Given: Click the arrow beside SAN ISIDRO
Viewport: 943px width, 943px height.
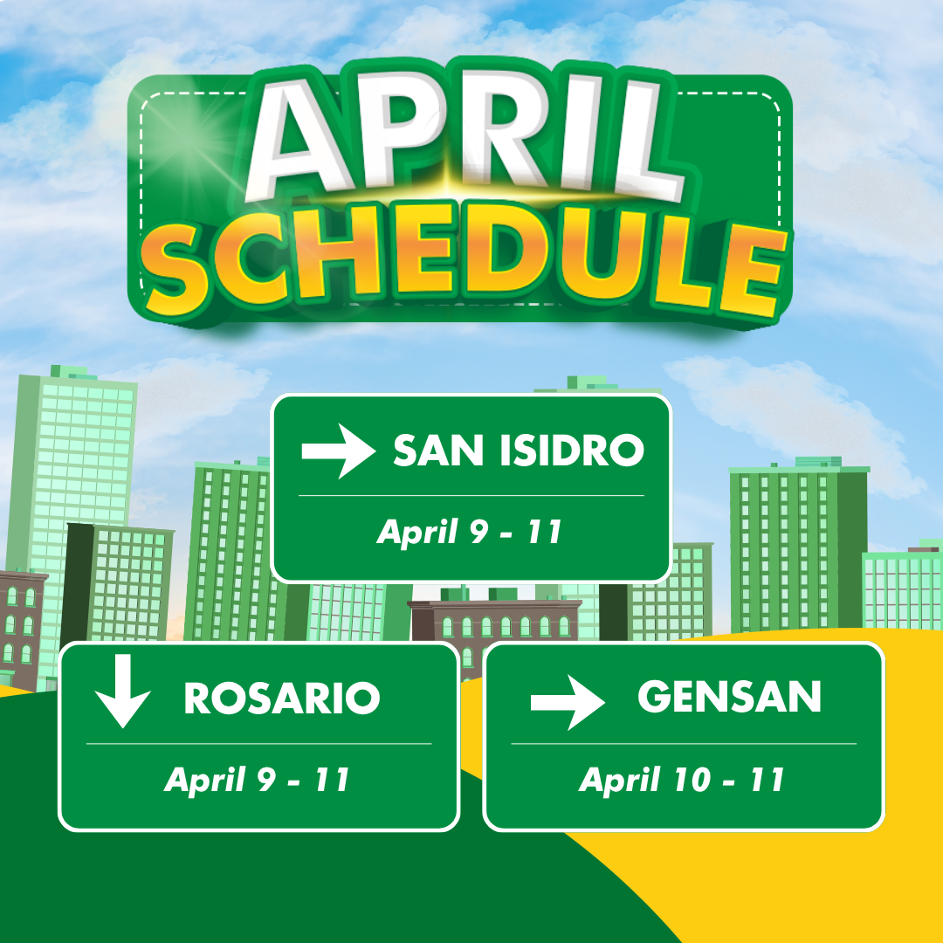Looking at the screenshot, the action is point(339,451).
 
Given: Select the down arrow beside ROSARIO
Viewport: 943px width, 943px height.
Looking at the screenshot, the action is point(123,691).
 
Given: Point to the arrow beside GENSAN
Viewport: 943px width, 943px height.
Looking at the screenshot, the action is point(568,702).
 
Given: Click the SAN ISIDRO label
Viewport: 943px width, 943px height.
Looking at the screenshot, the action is point(519,451).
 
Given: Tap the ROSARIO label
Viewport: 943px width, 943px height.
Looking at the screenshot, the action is point(282,699).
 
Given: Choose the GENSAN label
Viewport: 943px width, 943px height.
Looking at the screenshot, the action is point(729,697).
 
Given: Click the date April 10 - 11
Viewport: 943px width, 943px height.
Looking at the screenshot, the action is point(682,780).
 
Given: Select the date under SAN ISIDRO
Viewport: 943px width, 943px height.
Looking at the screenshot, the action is point(470,532).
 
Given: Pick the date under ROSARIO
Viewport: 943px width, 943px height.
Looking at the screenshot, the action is point(257,780).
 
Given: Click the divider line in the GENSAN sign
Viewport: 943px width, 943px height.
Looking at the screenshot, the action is point(684,744).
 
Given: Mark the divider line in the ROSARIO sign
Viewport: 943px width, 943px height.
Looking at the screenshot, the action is point(259,744).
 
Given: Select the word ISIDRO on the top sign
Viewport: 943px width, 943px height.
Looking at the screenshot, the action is point(572,451).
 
